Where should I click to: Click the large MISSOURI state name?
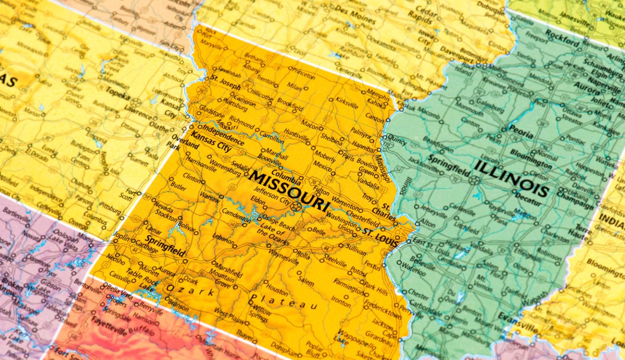pyautogui.click(x=289, y=191)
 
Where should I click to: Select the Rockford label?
pyautogui.click(x=562, y=38)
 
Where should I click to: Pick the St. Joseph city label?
pyautogui.click(x=225, y=81)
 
